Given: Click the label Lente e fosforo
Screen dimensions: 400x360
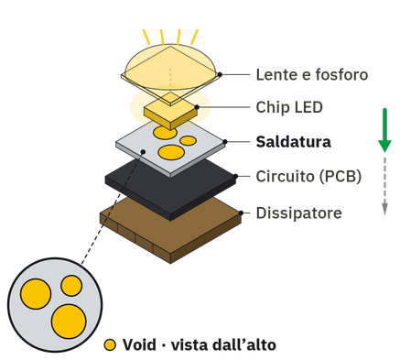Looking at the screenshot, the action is point(312,75).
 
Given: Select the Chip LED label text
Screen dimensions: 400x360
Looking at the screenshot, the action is point(289,107).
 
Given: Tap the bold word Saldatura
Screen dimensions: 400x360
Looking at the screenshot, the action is point(293,142).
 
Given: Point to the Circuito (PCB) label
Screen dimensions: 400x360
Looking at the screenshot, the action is point(308,177).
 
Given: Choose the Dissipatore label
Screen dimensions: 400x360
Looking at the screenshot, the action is point(298,213).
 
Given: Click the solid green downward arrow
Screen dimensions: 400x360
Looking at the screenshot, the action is point(384,130).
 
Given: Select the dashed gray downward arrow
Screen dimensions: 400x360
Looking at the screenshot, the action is point(384,186).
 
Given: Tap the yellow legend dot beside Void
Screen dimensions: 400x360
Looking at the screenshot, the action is point(110,345).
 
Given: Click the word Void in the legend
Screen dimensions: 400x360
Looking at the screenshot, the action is point(139,345).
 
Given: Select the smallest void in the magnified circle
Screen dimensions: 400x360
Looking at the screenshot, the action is point(71,286).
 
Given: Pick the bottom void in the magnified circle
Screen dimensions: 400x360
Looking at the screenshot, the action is point(69,322).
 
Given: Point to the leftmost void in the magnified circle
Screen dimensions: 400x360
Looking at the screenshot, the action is point(36,294).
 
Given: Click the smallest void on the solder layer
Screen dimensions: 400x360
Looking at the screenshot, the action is point(189,141).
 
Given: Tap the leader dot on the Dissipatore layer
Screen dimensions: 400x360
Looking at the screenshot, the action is point(241,213).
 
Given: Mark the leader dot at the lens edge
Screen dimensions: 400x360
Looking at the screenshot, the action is point(220,74).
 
